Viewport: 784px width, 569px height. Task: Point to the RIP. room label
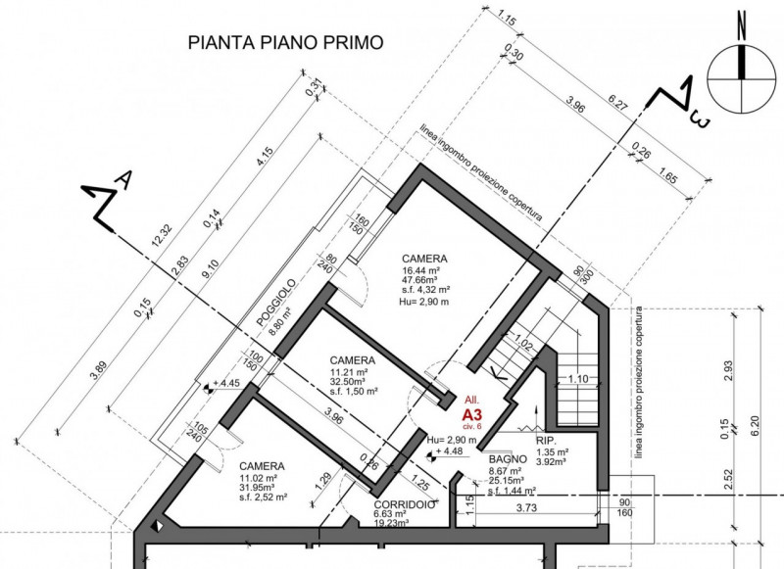(547, 442)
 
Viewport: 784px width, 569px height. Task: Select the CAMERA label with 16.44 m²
(423, 259)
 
